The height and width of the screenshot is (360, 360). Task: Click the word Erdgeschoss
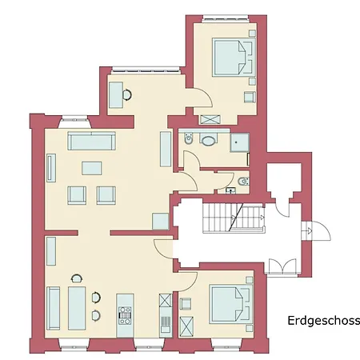pos(324,321)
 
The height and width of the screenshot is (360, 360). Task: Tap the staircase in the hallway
pos(235,217)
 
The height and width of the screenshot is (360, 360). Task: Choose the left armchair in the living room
pos(78,194)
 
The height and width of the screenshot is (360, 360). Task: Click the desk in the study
pos(116,94)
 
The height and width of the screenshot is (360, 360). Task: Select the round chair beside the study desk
pos(129,95)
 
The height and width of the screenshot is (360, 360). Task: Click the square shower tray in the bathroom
pos(238,140)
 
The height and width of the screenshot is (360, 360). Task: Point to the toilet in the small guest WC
pos(243,181)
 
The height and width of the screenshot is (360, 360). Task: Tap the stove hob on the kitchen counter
pos(124,308)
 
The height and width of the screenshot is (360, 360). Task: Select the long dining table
pos(78,308)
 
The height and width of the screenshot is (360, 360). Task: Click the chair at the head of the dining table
pos(76,278)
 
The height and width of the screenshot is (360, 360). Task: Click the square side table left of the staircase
pos(161,221)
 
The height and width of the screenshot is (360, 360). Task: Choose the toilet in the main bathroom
pos(188,140)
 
